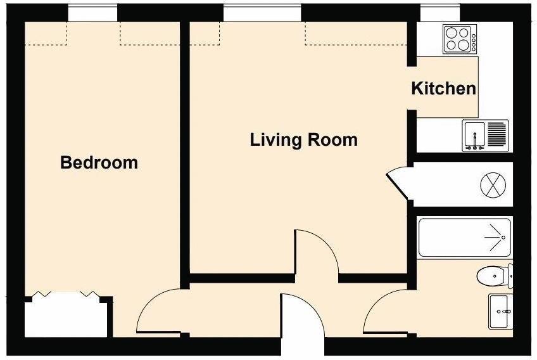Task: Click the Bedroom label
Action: tap(99, 162)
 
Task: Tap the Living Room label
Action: tap(303, 139)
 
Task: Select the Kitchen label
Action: tap(443, 88)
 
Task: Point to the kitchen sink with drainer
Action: tap(485, 135)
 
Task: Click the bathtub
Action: tap(465, 238)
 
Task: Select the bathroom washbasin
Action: tap(500, 311)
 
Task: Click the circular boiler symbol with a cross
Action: tap(493, 185)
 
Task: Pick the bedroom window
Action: tap(92, 13)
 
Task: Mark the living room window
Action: tap(262, 13)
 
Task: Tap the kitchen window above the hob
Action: tap(440, 13)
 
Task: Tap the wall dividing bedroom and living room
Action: tap(185, 152)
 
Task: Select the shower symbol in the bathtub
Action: tap(494, 237)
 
